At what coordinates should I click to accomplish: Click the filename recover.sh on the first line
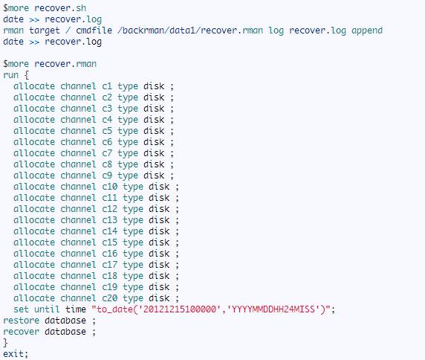click(x=60, y=8)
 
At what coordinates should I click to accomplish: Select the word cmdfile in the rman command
click(x=94, y=30)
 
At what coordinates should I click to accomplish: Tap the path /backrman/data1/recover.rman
click(x=190, y=30)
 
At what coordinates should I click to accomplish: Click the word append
click(x=367, y=30)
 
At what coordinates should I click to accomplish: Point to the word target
click(x=45, y=30)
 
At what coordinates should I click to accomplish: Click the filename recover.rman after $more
click(x=65, y=64)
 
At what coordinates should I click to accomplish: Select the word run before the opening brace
click(x=11, y=75)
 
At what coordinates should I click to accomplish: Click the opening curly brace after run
click(x=27, y=75)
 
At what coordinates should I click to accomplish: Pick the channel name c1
click(x=107, y=86)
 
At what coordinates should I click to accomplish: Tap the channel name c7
click(x=107, y=153)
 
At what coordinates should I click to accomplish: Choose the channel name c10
click(x=110, y=187)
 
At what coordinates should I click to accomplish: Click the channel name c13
click(x=110, y=219)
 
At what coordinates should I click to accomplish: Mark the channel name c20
click(x=110, y=298)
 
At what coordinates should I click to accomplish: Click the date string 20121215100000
click(x=179, y=309)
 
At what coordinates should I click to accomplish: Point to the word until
click(x=47, y=309)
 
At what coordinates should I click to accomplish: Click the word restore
click(x=21, y=321)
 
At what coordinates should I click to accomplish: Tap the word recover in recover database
click(x=21, y=332)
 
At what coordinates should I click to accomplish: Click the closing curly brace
click(x=5, y=343)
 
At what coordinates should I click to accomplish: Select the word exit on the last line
click(x=13, y=354)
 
